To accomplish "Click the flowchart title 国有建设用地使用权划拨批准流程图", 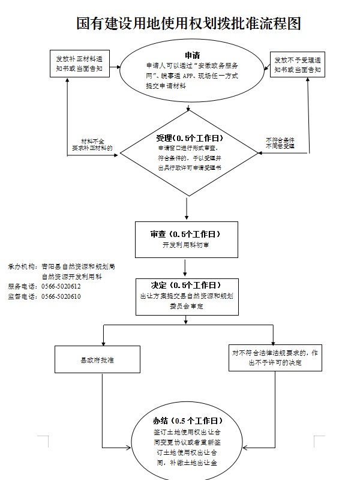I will (188, 23).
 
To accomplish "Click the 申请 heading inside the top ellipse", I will (193, 56).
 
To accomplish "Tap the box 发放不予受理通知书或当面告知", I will (298, 65).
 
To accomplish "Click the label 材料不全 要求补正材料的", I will (92, 143).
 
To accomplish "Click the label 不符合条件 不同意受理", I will (280, 143).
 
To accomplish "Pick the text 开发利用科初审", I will (187, 245).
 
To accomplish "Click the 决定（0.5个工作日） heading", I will (187, 284).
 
